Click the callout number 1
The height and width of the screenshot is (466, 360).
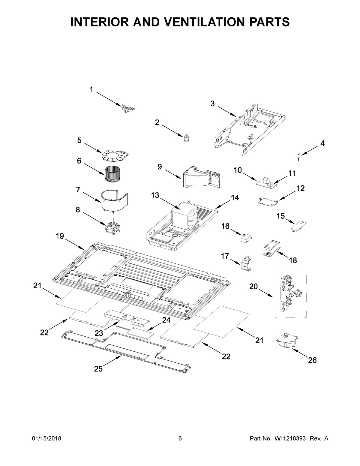coord(91,89)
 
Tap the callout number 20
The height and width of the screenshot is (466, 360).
coord(253,287)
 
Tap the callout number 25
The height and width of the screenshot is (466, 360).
coord(98,369)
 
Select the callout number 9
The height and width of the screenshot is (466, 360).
coord(160,167)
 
